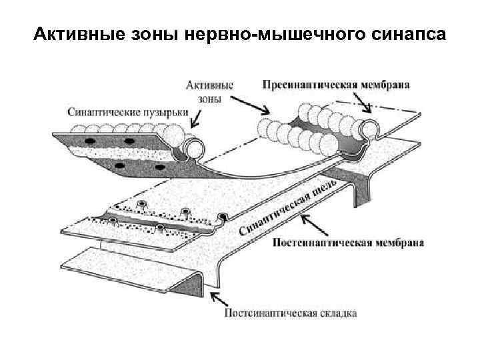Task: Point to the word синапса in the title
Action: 403,33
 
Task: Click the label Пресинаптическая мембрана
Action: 336,86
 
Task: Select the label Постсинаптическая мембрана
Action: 348,243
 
